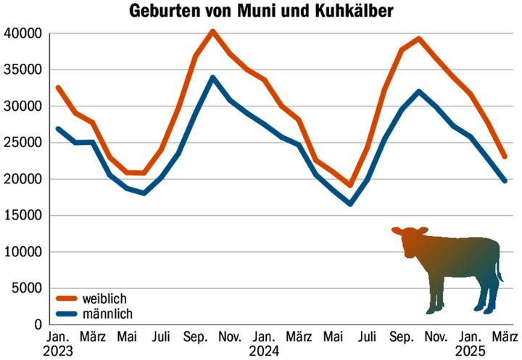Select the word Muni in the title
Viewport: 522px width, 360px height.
tap(257, 12)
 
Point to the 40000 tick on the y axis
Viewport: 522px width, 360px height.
tap(22, 33)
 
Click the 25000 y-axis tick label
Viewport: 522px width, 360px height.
tap(22, 143)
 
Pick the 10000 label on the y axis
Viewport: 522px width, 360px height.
tap(22, 252)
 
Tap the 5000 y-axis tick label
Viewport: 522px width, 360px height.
tap(25, 288)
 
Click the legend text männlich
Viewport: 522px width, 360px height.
tap(109, 314)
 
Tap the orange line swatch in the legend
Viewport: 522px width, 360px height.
tap(65, 298)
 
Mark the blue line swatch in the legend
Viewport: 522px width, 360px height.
tap(65, 314)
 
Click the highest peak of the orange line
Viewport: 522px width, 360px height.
tap(212, 31)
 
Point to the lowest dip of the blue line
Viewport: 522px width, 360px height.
tap(350, 204)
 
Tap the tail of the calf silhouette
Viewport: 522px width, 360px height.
tap(500, 272)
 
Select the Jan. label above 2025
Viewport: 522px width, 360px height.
tap(471, 337)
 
